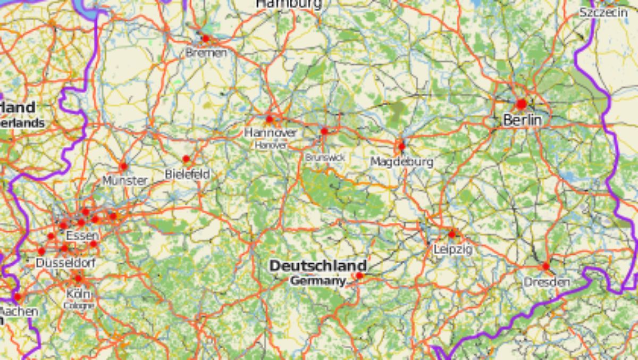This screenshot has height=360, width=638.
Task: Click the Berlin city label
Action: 522,120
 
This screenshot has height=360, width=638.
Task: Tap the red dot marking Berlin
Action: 521,104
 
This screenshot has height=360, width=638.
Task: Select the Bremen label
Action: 206,53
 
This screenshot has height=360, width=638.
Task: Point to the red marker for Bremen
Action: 206,38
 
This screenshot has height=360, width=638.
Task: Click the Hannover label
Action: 271,132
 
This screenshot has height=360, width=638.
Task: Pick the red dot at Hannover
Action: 270,119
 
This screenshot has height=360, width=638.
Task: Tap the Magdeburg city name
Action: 402,161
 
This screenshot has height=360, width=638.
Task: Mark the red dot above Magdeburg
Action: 401,146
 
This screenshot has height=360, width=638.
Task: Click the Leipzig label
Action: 452,248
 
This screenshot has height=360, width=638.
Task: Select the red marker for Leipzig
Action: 452,234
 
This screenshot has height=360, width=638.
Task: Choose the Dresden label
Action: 547,282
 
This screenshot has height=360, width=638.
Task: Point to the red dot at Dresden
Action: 546,266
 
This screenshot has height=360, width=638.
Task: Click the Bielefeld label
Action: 187,174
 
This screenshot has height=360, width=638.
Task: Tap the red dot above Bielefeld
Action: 186,159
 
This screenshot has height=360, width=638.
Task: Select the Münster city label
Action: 125,181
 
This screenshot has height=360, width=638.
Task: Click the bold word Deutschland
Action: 318,265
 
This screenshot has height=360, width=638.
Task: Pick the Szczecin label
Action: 603,12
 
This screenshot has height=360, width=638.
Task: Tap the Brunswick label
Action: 325,157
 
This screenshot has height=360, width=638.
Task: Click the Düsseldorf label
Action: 65,263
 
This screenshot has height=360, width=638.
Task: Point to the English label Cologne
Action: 79,306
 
